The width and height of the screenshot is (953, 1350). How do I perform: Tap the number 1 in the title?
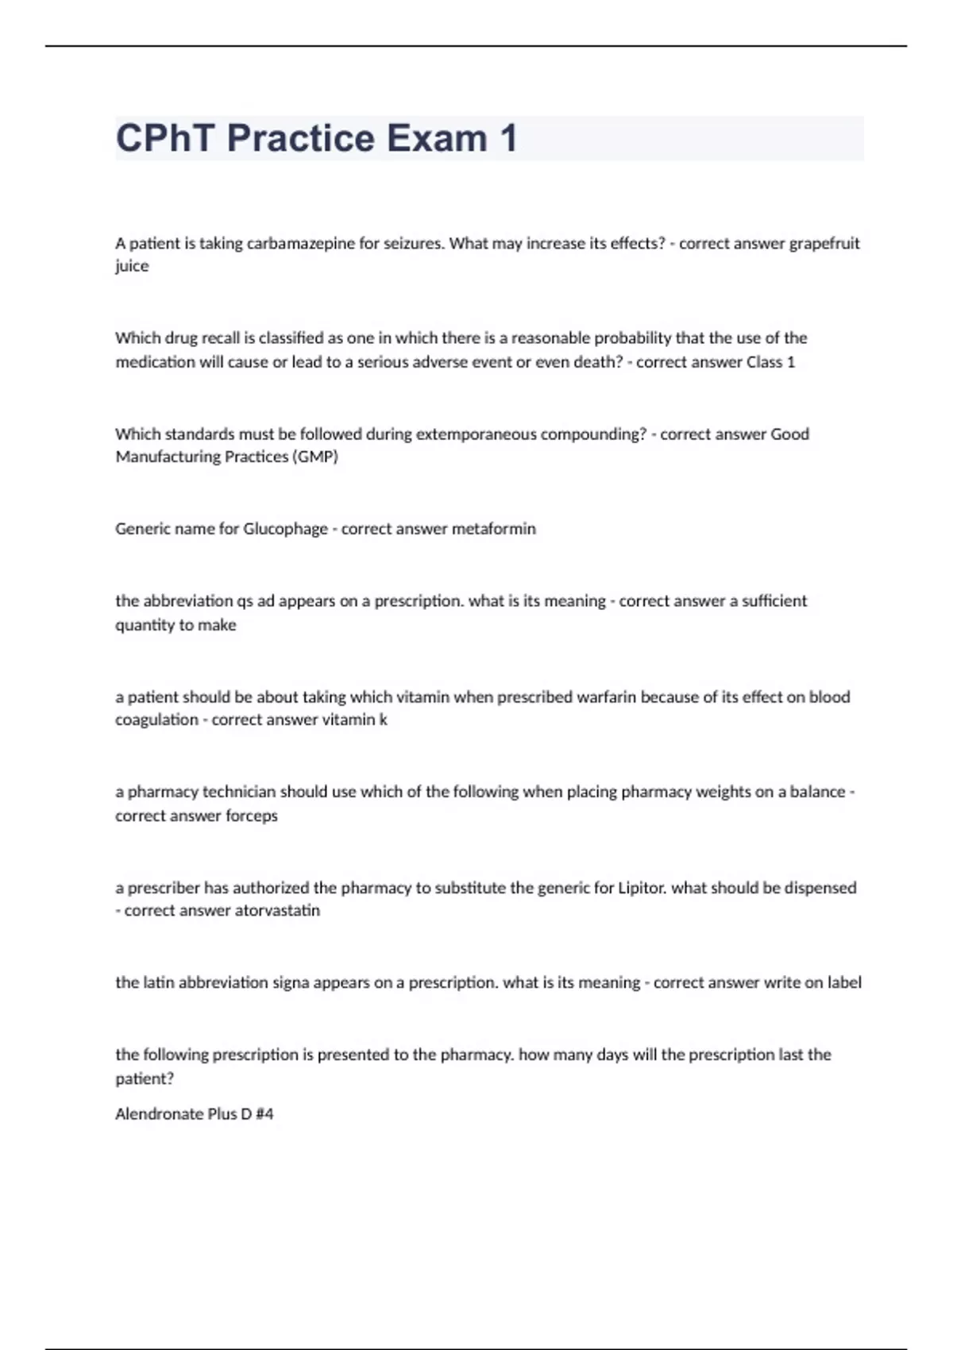[508, 138]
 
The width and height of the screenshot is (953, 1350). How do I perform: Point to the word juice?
[132, 266]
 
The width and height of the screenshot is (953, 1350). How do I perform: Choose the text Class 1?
[770, 362]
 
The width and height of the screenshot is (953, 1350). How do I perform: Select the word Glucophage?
[285, 529]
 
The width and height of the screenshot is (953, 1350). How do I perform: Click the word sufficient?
[774, 601]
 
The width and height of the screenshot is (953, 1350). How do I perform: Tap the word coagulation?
[156, 720]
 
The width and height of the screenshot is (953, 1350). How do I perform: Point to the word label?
[844, 983]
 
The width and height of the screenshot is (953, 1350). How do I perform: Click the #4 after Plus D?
[264, 1114]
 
